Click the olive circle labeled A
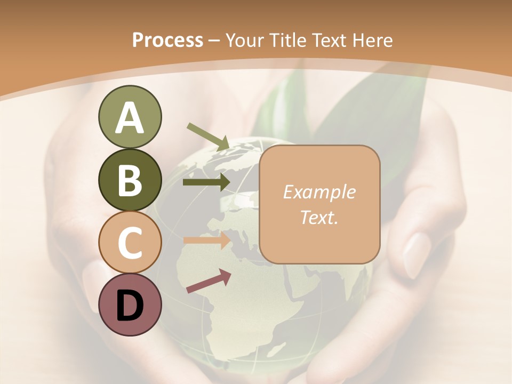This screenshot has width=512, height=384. tap(130, 117)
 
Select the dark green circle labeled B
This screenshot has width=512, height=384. tap(130, 180)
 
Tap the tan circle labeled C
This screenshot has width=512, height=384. tap(130, 243)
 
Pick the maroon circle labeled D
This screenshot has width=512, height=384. tap(130, 305)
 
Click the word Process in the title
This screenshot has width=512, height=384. tap(167, 40)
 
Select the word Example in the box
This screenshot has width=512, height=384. tap(319, 192)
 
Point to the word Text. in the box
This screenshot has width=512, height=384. tap(319, 217)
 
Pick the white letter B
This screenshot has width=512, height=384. tap(130, 180)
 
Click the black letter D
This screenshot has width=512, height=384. tap(130, 305)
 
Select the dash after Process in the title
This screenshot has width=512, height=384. tap(214, 41)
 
